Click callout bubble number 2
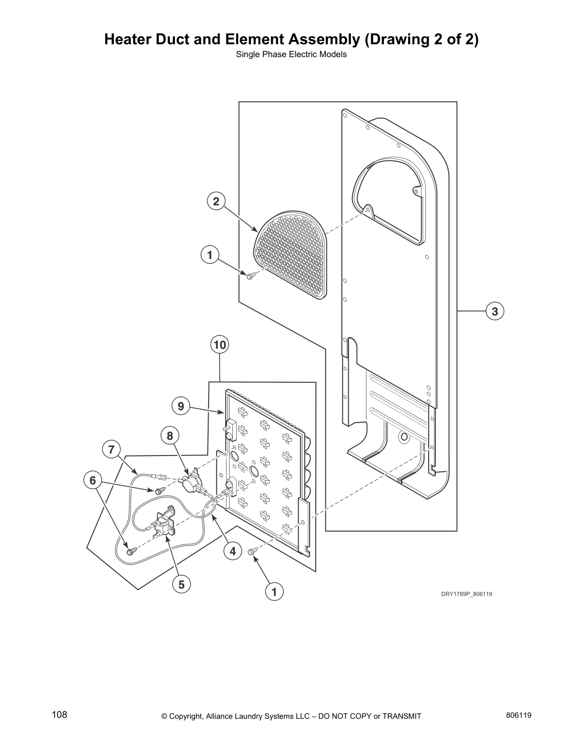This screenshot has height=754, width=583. (216, 201)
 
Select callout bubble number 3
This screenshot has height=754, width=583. (495, 311)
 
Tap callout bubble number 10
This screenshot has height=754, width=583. (220, 344)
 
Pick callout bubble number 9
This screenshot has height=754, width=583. (181, 406)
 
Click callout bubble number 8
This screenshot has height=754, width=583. (170, 435)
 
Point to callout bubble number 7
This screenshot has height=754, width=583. (111, 449)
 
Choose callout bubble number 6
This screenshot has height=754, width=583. (93, 480)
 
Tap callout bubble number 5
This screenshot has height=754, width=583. (181, 584)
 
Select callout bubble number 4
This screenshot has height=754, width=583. (232, 551)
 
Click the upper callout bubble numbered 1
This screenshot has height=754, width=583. (210, 255)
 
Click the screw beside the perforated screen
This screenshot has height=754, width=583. (251, 275)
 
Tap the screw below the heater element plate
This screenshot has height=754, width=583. (252, 551)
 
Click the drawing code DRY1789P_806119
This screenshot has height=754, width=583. (466, 594)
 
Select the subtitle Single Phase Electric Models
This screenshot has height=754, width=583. (291, 54)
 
